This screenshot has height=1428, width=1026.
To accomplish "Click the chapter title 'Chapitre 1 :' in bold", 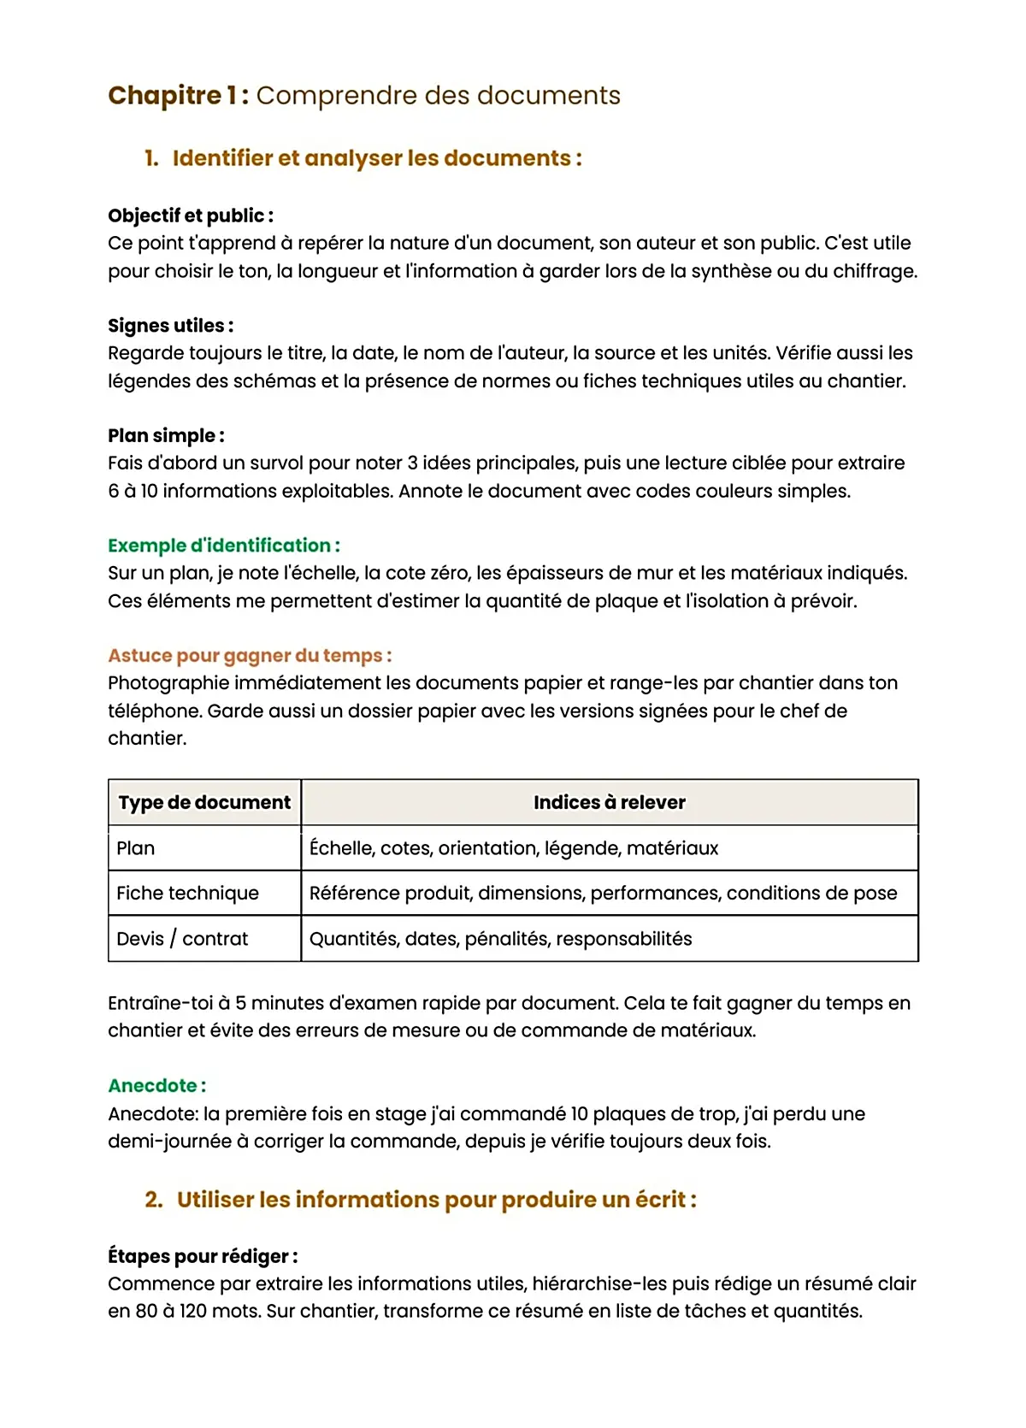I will [178, 95].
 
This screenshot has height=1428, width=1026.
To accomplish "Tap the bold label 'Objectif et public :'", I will [191, 215].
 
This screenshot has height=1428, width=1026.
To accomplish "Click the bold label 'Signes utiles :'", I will [171, 326].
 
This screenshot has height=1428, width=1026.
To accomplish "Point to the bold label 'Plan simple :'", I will [167, 436].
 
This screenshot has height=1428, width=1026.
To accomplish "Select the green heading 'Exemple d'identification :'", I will [224, 546].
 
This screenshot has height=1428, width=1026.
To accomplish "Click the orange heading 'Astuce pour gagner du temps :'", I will [250, 656].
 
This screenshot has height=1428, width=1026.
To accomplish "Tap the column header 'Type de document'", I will [204, 803].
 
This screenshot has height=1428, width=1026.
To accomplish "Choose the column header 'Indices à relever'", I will [609, 803].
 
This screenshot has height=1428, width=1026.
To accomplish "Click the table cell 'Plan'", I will [136, 848].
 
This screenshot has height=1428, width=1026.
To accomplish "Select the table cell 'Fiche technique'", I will [187, 894].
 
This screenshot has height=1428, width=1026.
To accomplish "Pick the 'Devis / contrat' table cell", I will [182, 939].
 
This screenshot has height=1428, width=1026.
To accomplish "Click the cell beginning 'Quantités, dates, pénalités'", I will [500, 939].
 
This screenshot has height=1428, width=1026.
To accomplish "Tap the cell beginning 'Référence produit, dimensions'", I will [603, 894].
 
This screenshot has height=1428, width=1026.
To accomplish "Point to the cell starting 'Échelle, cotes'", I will [513, 848].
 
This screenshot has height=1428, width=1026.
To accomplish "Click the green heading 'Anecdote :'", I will [157, 1086].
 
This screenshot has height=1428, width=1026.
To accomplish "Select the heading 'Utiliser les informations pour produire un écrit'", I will [436, 1200].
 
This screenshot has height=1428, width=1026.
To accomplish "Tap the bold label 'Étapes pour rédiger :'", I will [203, 1257].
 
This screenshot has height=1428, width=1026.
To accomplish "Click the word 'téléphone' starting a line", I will [154, 711].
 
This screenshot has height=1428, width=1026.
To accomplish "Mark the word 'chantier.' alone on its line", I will [147, 739].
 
